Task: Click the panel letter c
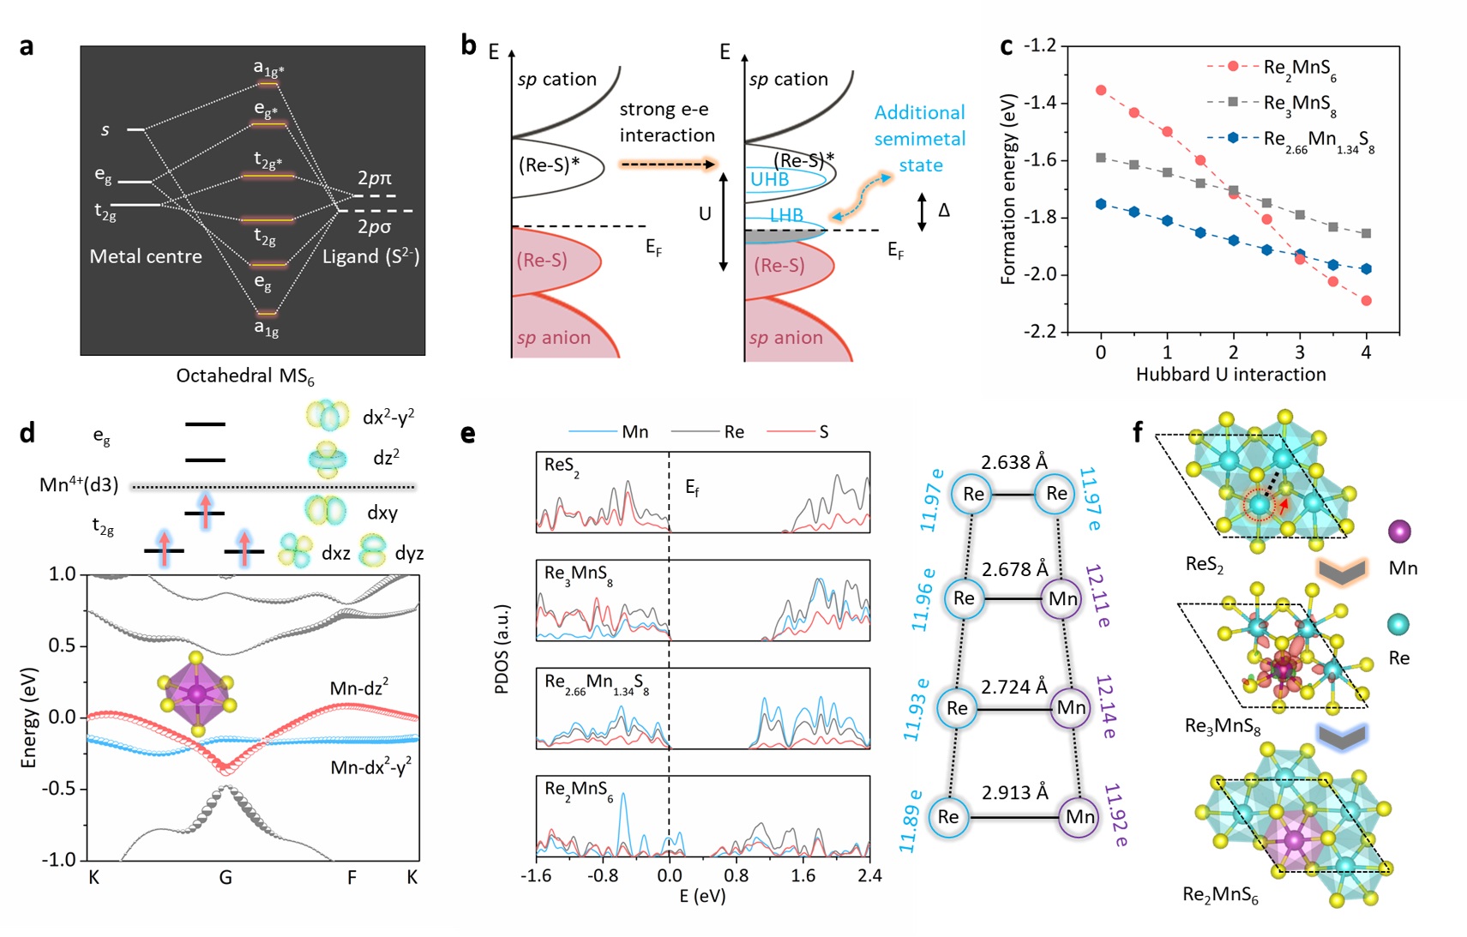1007,46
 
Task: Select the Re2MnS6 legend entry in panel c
1298,68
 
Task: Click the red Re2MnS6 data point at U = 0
1101,90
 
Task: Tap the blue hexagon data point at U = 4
1366,269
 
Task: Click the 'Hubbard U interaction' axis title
1230,375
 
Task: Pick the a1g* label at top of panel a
268,68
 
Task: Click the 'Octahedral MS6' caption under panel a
245,376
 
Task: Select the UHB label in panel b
769,179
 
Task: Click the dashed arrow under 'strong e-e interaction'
667,164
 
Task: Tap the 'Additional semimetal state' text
920,138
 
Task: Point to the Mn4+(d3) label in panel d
79,485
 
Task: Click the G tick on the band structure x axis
225,877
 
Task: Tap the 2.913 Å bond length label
1015,792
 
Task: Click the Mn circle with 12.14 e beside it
1071,707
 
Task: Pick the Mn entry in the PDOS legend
634,432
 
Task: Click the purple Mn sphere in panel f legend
1399,532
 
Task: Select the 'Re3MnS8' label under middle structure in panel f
1222,727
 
